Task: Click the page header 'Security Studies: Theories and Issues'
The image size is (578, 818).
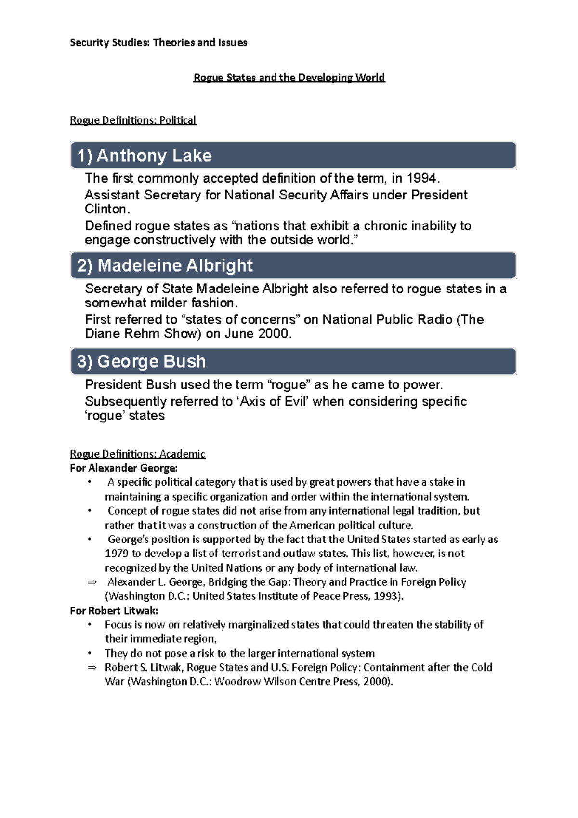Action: (x=158, y=42)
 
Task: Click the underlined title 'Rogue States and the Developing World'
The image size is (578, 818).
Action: (x=289, y=78)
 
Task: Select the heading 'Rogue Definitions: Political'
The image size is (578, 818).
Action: (x=133, y=120)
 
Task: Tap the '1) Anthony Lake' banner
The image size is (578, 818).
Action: (x=293, y=156)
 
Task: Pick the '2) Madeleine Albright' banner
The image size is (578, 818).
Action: (x=293, y=265)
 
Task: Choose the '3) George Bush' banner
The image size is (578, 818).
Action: (x=293, y=361)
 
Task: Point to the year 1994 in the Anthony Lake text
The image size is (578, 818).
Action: (x=421, y=178)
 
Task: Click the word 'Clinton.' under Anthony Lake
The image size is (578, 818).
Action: (x=107, y=209)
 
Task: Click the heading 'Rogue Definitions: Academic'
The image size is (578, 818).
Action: (x=138, y=454)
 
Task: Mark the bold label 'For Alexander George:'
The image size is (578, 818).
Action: (x=124, y=468)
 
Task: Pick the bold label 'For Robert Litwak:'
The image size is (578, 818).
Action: (x=114, y=611)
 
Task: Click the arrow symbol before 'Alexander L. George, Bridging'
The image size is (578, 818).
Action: (x=92, y=582)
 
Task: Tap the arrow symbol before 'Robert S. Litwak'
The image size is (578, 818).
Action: (x=92, y=668)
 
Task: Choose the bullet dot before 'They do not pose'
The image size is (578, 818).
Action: (x=90, y=654)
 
